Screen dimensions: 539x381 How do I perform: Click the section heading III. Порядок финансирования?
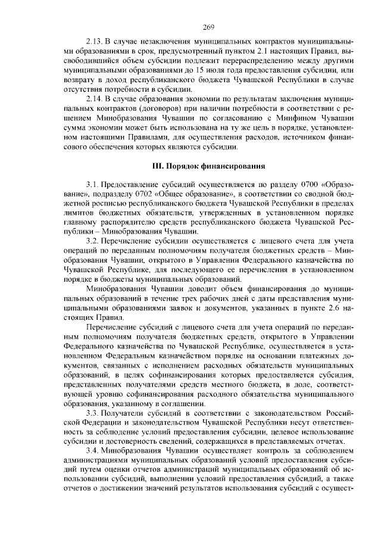click(207, 164)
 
